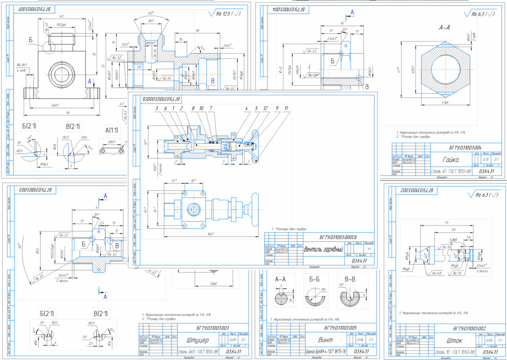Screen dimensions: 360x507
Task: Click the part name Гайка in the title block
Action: click(450, 159)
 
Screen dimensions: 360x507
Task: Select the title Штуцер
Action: click(191, 339)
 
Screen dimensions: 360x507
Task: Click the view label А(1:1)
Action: click(113, 130)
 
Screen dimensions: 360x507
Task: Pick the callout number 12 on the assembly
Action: click(266, 108)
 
